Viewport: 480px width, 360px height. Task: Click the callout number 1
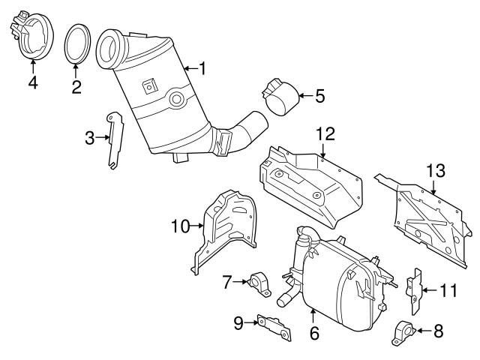pos(201,68)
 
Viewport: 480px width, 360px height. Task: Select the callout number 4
pos(32,82)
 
